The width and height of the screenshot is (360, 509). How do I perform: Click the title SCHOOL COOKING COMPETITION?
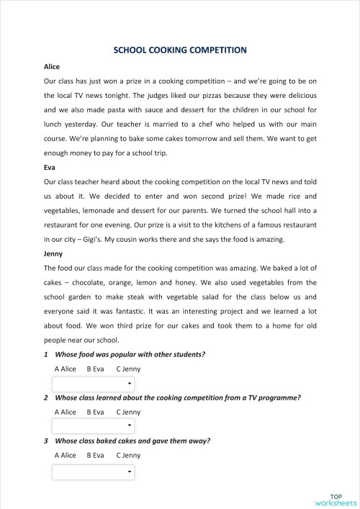coord(180,50)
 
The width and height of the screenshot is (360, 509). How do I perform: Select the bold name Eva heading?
coord(50,166)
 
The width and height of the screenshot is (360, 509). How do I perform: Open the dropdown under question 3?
coord(94,472)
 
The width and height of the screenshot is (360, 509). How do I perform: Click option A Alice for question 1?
coord(65,369)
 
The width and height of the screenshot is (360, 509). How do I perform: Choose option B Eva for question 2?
coord(95,413)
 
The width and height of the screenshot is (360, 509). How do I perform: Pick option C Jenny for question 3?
coord(128,455)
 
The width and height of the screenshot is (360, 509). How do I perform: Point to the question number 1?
coord(46,354)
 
